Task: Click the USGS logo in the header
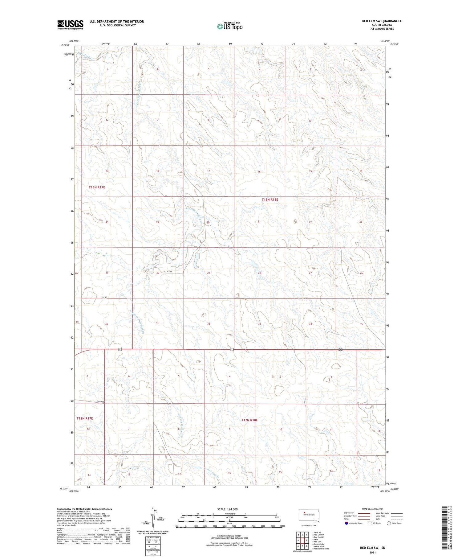pos(70,25)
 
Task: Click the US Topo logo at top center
pos(230,27)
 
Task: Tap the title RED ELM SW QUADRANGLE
pos(382,21)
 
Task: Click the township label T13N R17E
pos(97,187)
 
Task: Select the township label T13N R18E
pos(270,199)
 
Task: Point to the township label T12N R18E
pos(249,420)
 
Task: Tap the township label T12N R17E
pos(85,418)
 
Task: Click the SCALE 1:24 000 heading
pos(227,509)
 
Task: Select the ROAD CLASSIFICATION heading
pos(372,509)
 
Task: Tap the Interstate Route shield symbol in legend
pos(346,523)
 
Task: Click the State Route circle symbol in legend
pos(389,523)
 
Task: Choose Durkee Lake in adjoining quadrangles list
pos(318,544)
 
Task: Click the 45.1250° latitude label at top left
pos(65,45)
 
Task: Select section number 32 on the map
pos(209,324)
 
